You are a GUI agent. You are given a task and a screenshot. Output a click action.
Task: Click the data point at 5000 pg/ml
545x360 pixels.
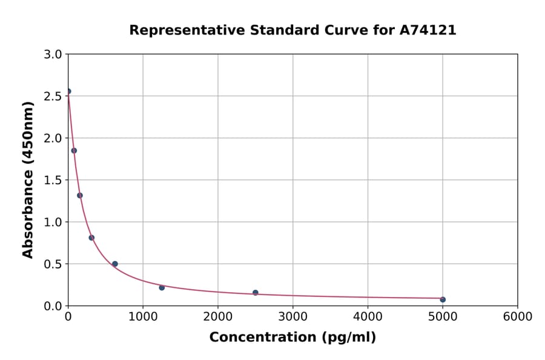(443, 299)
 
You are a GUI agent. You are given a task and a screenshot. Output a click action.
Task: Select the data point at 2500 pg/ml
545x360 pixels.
(256, 293)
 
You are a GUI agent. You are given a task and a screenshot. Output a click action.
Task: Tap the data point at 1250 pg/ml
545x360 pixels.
(162, 287)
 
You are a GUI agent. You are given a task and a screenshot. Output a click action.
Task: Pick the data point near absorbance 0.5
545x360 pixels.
(115, 264)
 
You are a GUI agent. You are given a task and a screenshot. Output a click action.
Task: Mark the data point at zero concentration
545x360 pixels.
(68, 92)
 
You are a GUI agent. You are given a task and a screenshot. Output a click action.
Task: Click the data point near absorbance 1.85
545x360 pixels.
(74, 150)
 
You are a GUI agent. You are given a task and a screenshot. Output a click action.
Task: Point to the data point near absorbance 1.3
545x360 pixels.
(80, 195)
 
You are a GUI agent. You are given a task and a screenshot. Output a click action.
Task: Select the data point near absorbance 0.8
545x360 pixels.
(91, 238)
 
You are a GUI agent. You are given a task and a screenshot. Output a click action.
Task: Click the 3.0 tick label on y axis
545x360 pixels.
(54, 55)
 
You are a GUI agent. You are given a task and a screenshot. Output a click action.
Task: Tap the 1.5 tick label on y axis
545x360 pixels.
(54, 180)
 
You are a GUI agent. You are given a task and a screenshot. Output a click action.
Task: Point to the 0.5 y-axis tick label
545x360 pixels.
(54, 264)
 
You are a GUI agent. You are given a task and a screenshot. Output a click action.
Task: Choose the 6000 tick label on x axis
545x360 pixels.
(517, 317)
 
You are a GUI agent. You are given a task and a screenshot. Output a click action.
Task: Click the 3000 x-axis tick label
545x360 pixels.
(292, 317)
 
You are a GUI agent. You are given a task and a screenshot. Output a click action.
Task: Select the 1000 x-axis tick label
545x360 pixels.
(143, 317)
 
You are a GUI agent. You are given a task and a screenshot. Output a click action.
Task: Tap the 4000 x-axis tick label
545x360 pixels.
(368, 317)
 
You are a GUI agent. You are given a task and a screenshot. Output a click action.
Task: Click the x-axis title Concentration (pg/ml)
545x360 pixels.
(292, 338)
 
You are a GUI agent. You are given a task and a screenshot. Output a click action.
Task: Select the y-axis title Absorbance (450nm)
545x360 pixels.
(28, 179)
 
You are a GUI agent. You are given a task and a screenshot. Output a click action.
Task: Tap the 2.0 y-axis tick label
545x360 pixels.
(54, 138)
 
